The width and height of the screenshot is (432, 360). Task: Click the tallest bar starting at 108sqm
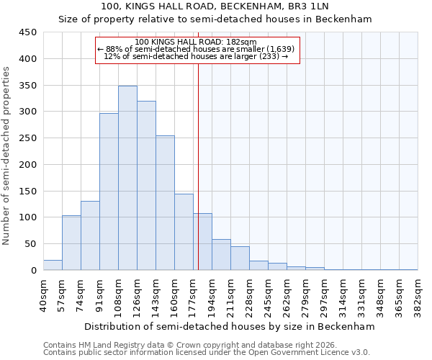tap(127, 179)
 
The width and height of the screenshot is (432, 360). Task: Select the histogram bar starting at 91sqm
tap(109, 192)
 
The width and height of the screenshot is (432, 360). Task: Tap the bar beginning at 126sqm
tap(146, 186)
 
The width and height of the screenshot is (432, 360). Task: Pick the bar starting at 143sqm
tap(165, 203)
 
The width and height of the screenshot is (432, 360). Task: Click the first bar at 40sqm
tap(53, 265)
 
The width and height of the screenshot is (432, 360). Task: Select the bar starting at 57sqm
tap(71, 243)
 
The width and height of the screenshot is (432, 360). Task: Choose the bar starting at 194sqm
tap(221, 255)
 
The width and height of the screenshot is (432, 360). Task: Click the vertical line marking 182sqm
tap(198, 166)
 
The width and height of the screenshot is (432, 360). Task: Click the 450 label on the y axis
tap(28, 32)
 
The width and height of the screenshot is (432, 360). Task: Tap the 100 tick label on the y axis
tap(28, 217)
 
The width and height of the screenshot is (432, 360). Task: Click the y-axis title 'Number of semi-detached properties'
tap(7, 155)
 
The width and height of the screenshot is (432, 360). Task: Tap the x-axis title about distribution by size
tap(230, 326)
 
